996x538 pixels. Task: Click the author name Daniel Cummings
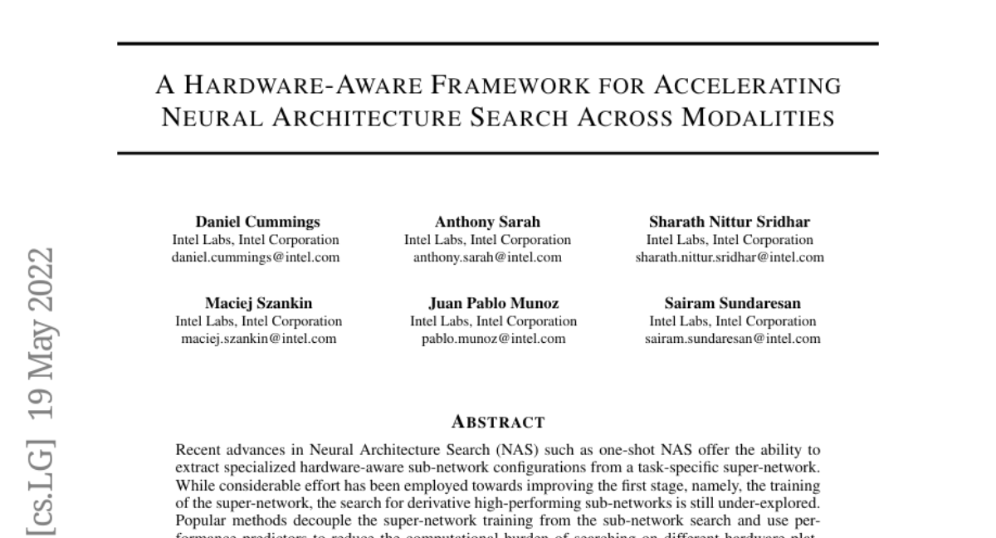(x=257, y=222)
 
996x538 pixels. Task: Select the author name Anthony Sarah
(x=487, y=222)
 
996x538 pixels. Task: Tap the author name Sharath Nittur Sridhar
(x=730, y=222)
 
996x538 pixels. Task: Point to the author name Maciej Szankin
(x=259, y=303)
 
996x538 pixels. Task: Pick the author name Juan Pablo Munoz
(x=493, y=303)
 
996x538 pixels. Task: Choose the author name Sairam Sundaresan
(x=732, y=303)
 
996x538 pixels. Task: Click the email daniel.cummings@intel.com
(x=256, y=257)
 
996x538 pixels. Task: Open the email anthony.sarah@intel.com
(x=487, y=257)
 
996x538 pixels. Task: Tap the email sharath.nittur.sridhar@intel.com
(x=730, y=257)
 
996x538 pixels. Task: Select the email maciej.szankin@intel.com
(x=259, y=339)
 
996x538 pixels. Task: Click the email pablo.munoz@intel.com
(x=493, y=339)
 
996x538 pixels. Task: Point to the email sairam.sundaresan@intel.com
(x=732, y=339)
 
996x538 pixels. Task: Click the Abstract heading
(x=498, y=422)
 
